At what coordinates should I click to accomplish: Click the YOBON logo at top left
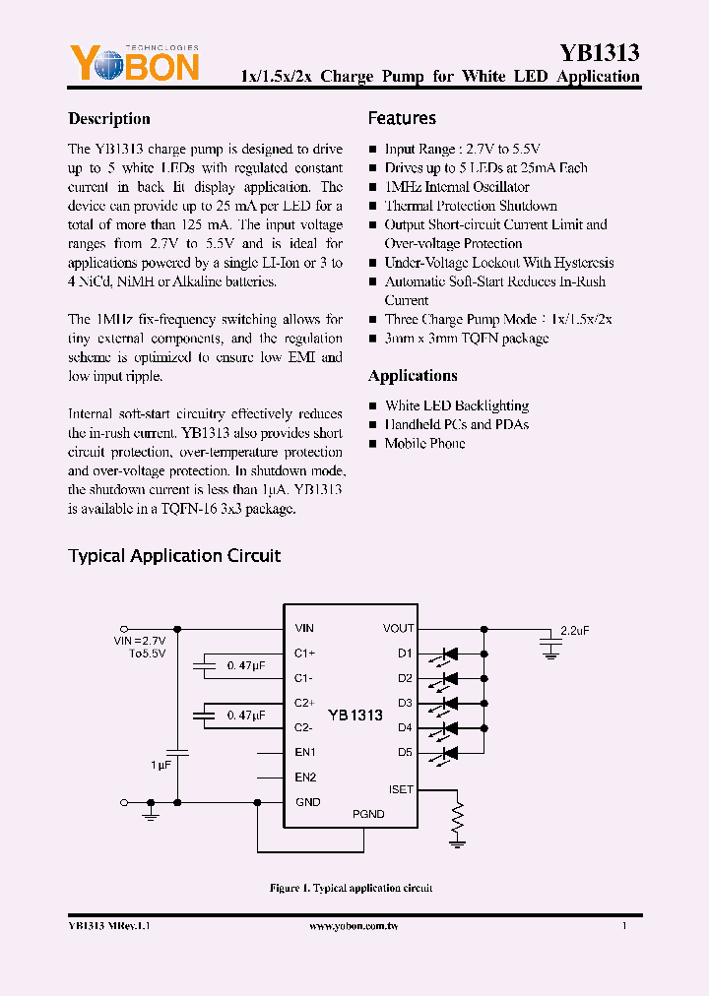point(133,64)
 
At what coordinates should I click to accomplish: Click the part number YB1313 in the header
point(600,53)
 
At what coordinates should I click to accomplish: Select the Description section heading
point(109,119)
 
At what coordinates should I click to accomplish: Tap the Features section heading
point(402,118)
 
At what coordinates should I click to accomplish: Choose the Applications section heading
point(413,376)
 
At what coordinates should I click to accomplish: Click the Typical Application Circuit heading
point(174,556)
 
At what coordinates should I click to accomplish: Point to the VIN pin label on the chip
point(304,628)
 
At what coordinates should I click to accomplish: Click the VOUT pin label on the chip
point(398,628)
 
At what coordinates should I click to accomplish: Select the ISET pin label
point(401,789)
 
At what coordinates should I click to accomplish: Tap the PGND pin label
point(368,814)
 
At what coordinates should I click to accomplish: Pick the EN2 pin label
point(305,777)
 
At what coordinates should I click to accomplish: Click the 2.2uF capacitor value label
point(574,630)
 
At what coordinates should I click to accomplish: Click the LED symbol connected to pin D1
point(451,654)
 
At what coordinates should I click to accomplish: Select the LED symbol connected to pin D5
point(451,753)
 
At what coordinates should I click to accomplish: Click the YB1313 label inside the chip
point(354,716)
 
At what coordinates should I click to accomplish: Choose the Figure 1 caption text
point(351,888)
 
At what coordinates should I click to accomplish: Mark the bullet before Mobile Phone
point(373,444)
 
